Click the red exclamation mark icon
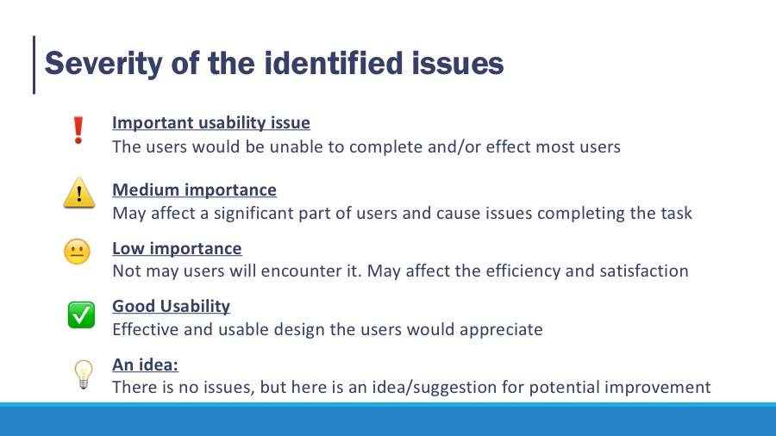pyautogui.click(x=78, y=130)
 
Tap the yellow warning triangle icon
pyautogui.click(x=79, y=193)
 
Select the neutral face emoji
pyautogui.click(x=78, y=252)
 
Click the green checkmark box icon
pyautogui.click(x=81, y=315)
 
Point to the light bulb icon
pyautogui.click(x=83, y=374)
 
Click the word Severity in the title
pyautogui.click(x=103, y=64)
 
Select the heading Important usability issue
pyautogui.click(x=211, y=122)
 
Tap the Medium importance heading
pyautogui.click(x=194, y=190)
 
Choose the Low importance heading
pyautogui.click(x=177, y=248)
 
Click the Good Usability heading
pyautogui.click(x=171, y=306)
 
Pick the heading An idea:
pyautogui.click(x=145, y=364)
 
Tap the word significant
pyautogui.click(x=253, y=214)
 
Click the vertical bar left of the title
pyautogui.click(x=34, y=65)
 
